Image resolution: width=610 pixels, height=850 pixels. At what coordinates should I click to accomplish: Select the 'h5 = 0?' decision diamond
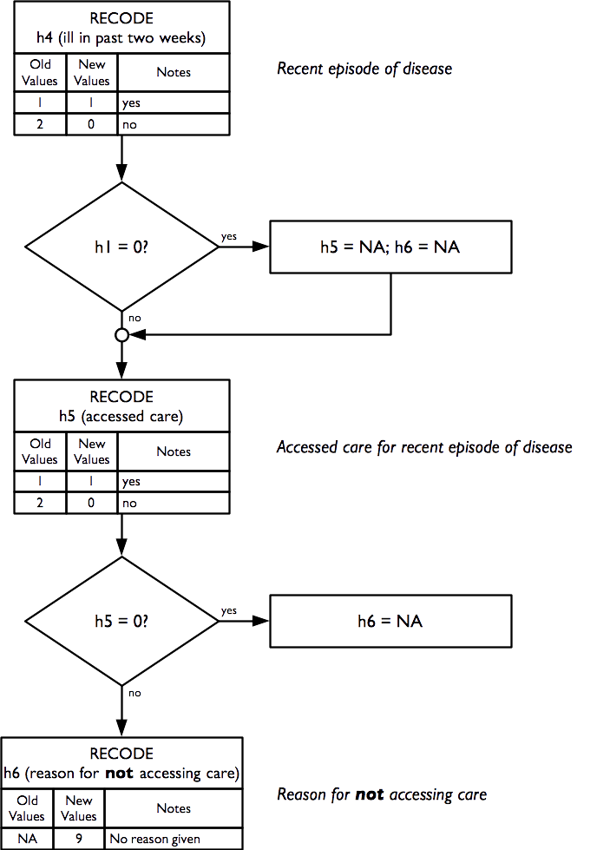[x=122, y=621]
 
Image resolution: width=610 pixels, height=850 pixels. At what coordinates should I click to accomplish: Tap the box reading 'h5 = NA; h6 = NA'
[x=390, y=247]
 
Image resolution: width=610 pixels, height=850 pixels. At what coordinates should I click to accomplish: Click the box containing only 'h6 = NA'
[x=390, y=621]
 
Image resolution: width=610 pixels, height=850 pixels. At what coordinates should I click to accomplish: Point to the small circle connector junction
[x=122, y=334]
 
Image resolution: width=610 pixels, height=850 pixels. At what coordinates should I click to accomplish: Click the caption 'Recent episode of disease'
[x=364, y=69]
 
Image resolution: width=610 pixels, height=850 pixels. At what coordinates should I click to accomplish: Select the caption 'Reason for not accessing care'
[x=382, y=794]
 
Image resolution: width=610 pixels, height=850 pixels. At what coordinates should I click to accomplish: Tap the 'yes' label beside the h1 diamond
[x=230, y=236]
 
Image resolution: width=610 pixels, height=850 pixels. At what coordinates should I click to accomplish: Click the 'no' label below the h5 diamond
[x=134, y=693]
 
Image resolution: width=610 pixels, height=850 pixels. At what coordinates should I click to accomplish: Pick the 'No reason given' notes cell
[x=174, y=840]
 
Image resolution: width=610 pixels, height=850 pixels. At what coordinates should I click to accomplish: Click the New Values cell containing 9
[x=79, y=840]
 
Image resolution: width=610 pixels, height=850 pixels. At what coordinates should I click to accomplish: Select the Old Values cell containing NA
[x=27, y=840]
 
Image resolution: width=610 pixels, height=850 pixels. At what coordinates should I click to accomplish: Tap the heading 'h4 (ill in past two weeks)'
[x=122, y=38]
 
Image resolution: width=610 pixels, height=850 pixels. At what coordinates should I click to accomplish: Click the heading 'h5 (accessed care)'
[x=122, y=417]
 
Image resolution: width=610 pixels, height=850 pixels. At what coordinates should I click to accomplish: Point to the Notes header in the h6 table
[x=174, y=808]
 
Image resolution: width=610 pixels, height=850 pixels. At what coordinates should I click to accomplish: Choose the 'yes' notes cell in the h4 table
[x=174, y=102]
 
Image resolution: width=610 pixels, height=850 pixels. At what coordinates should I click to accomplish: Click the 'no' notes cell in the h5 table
[x=174, y=503]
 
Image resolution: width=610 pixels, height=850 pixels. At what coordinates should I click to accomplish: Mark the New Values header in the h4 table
[x=92, y=73]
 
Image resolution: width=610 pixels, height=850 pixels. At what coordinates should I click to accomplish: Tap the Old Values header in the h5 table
[x=41, y=451]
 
